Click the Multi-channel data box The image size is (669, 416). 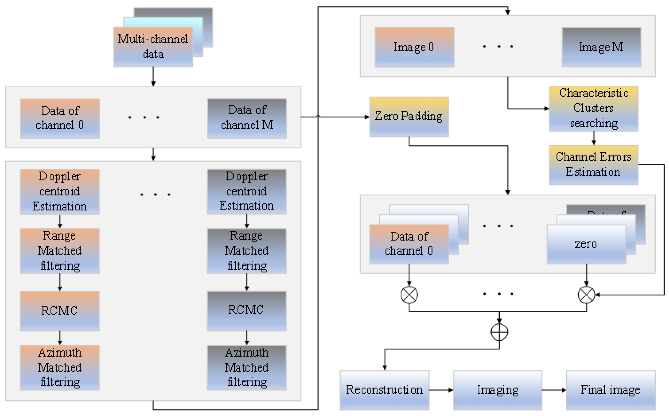pos(153,47)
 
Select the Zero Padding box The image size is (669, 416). pos(409,117)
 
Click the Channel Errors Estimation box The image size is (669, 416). pos(594,165)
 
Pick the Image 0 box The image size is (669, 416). pos(414,47)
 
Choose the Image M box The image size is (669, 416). pos(601,47)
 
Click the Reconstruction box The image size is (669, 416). pos(384,390)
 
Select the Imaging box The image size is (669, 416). pos(498,390)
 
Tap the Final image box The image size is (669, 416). pos(611,390)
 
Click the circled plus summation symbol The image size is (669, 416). pos(499,332)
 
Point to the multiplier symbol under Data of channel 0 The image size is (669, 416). pos(409,295)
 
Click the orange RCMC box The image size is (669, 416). pos(60,311)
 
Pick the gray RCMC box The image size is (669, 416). pos(247,311)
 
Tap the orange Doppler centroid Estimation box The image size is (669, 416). pos(60,191)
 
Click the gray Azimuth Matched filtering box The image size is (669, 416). pos(247,368)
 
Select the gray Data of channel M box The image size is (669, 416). pos(247,118)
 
